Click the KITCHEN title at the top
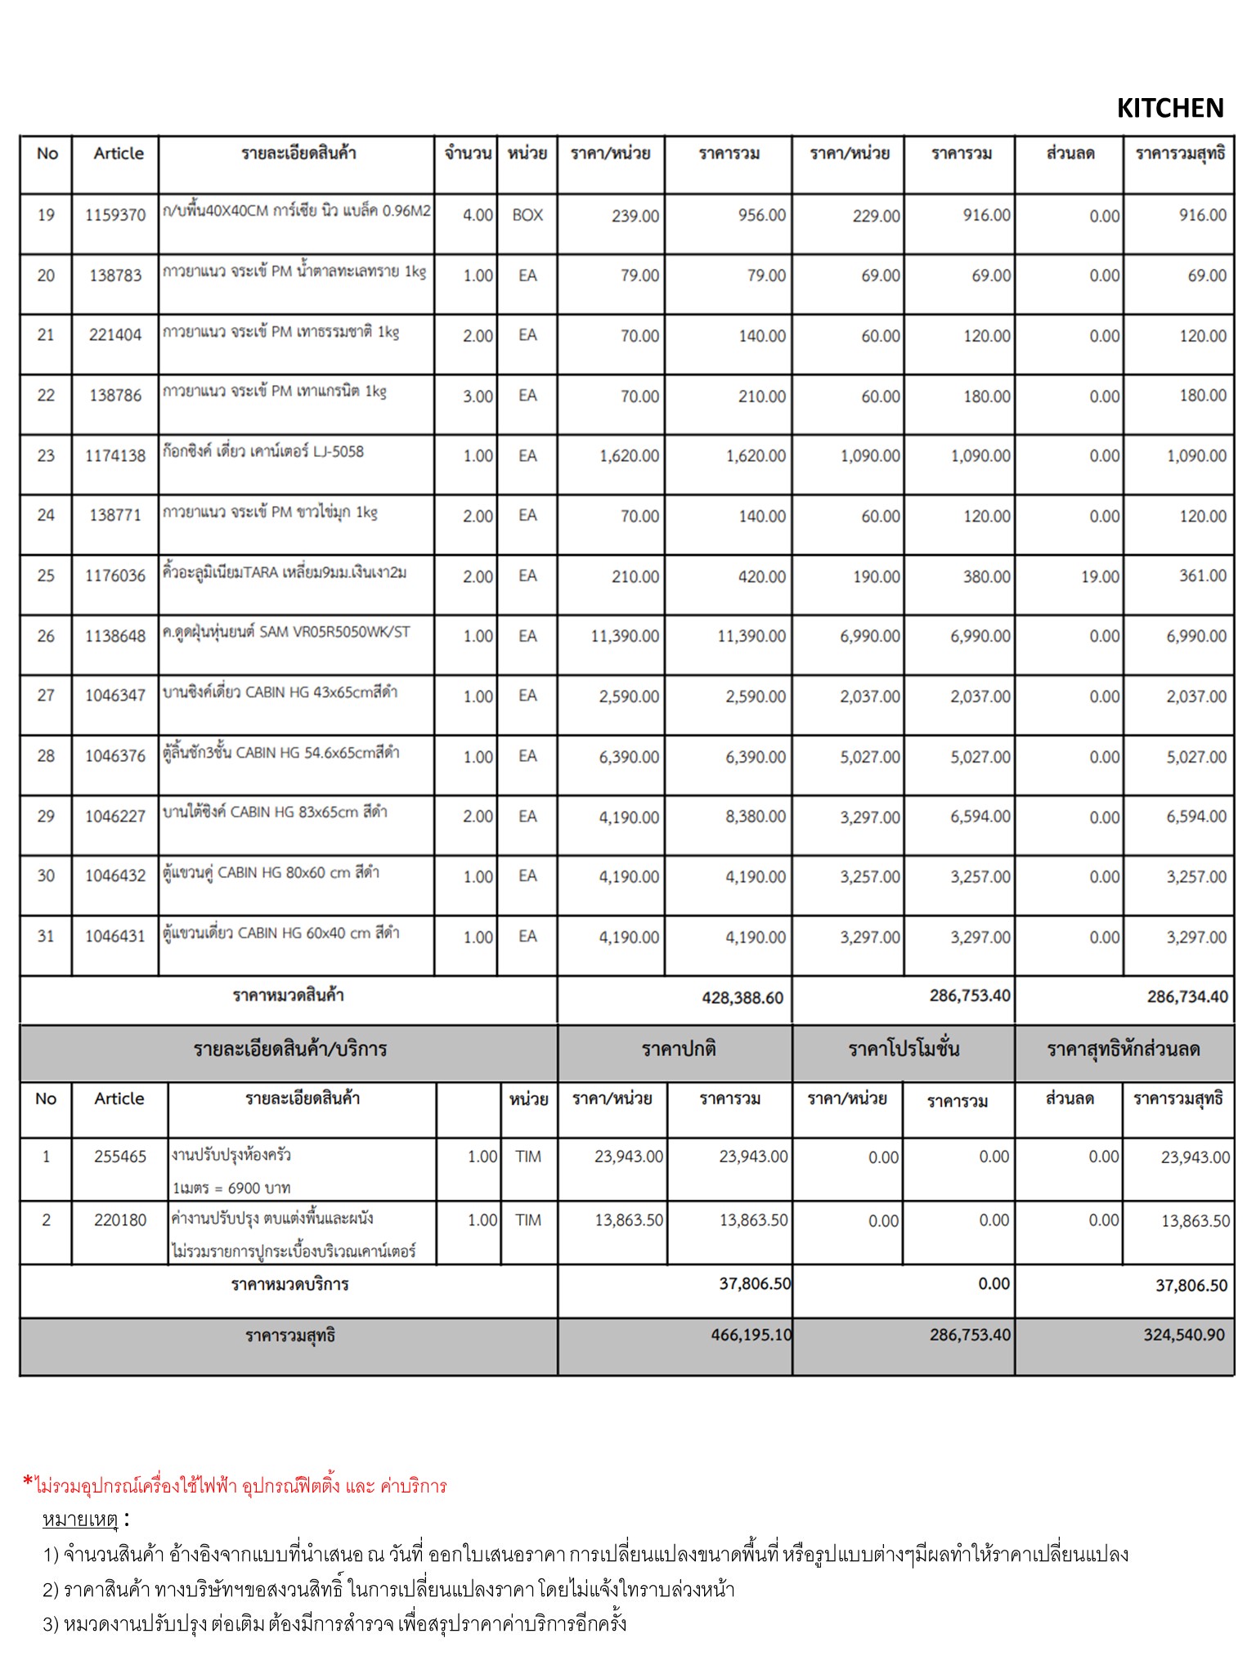pyautogui.click(x=1169, y=108)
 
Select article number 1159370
pyautogui.click(x=115, y=215)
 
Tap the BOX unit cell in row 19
pyautogui.click(x=527, y=215)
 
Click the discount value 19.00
pyautogui.click(x=1100, y=576)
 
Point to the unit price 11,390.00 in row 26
pyautogui.click(x=625, y=636)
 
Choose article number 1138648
pyautogui.click(x=115, y=636)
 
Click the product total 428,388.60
pyautogui.click(x=742, y=997)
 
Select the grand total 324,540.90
pyautogui.click(x=1183, y=1335)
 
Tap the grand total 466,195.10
pyautogui.click(x=751, y=1335)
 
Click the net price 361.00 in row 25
pyautogui.click(x=1202, y=575)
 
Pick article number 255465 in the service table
pyautogui.click(x=120, y=1157)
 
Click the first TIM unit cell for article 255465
pyautogui.click(x=528, y=1157)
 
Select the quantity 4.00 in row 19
pyautogui.click(x=478, y=215)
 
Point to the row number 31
pyautogui.click(x=46, y=936)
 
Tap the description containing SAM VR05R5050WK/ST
pyautogui.click(x=286, y=632)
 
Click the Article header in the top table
pyautogui.click(x=119, y=153)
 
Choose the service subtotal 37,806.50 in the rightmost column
pyautogui.click(x=1191, y=1285)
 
